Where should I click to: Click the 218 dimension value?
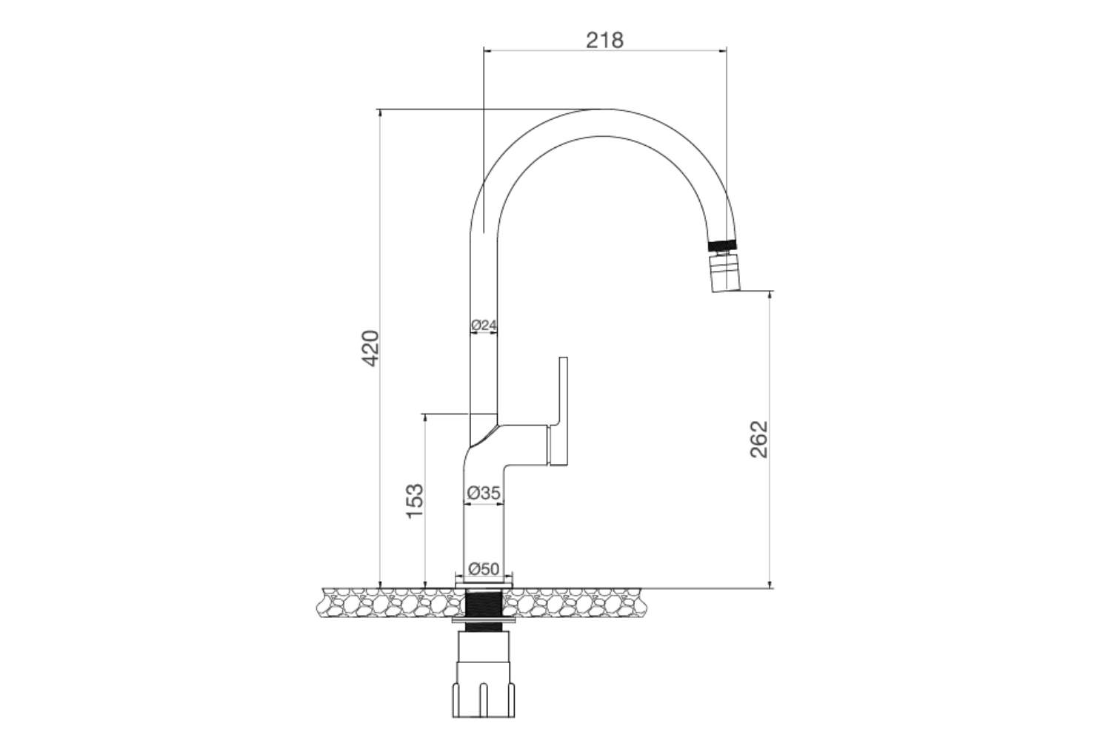click(x=604, y=39)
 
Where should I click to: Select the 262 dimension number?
click(x=759, y=439)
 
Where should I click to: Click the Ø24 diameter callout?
click(x=483, y=325)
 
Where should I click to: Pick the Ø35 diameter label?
click(x=484, y=492)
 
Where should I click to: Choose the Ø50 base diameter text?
click(x=484, y=569)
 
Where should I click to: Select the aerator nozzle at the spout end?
click(x=724, y=272)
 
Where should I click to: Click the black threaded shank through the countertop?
click(x=484, y=607)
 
